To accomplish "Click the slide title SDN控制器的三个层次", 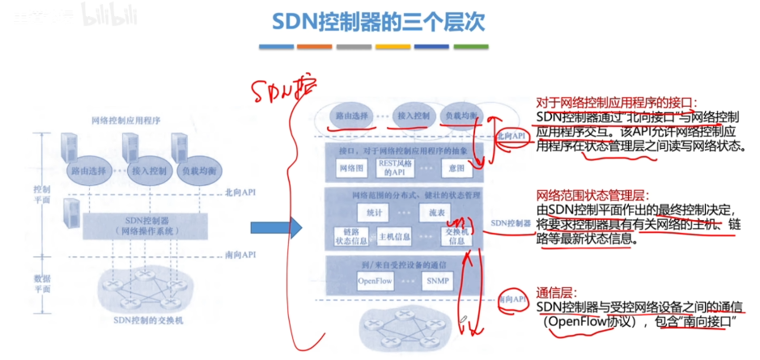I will pyautogui.click(x=380, y=22).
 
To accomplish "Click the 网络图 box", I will pyautogui.click(x=349, y=168).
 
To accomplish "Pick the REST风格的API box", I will pyautogui.click(x=395, y=167).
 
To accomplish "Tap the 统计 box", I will pyautogui.click(x=373, y=212).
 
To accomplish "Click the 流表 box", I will pyautogui.click(x=436, y=212).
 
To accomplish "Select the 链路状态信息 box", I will pyautogui.click(x=350, y=235).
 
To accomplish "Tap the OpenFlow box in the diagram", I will pyautogui.click(x=375, y=281).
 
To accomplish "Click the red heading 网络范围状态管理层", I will pyautogui.click(x=591, y=195).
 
